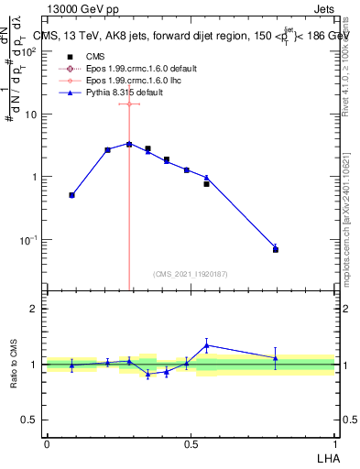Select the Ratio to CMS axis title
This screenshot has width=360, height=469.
click(15, 364)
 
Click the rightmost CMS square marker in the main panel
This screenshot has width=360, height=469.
click(276, 249)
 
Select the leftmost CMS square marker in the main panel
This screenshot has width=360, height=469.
click(71, 195)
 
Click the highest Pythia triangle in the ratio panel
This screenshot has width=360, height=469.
click(207, 345)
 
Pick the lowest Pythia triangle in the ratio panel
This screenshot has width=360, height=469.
click(147, 374)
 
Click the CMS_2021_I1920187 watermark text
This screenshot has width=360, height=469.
click(190, 275)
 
